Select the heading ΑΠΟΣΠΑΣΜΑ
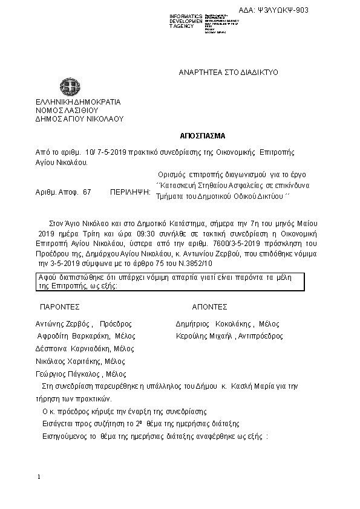(199, 135)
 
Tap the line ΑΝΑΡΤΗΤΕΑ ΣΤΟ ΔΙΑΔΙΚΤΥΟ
(227, 72)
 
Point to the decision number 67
(87, 192)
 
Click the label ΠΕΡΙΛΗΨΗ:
(129, 192)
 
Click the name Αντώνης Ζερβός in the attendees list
(64, 324)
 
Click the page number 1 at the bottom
(39, 478)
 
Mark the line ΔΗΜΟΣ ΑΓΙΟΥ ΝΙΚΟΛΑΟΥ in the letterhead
(79, 119)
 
